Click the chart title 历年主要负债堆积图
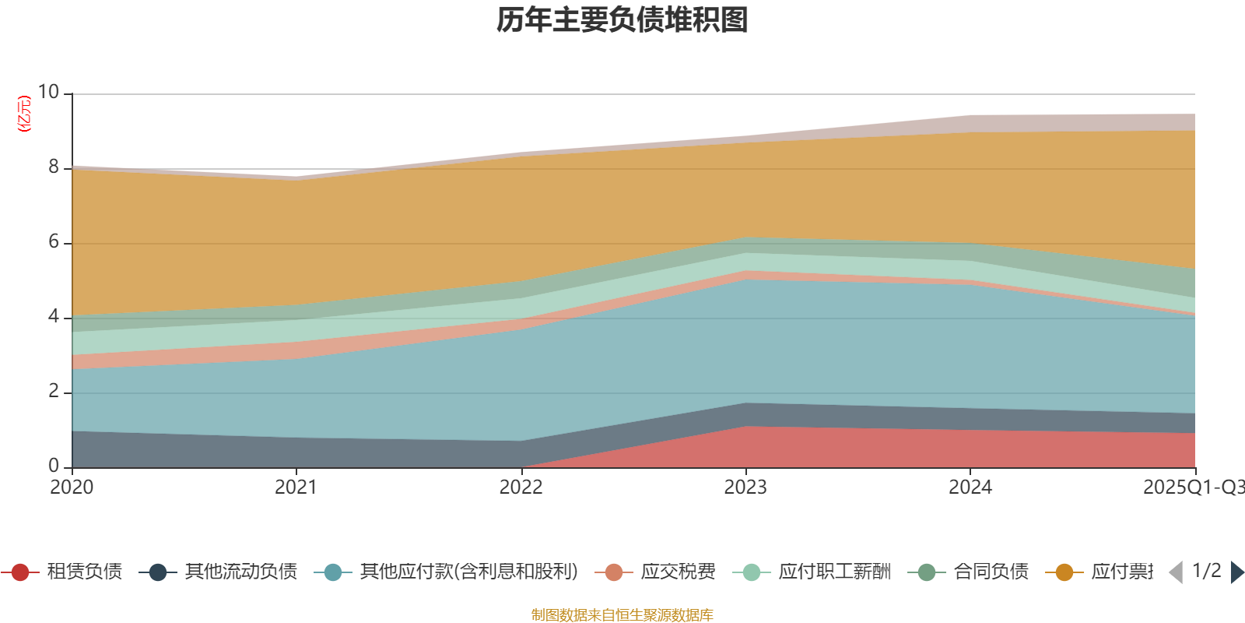(x=622, y=20)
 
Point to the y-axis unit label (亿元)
(x=24, y=114)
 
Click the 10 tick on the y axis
(x=48, y=92)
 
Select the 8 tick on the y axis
(x=53, y=167)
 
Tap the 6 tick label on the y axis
(x=53, y=241)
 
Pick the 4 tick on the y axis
(x=53, y=316)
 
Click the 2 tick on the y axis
(x=53, y=391)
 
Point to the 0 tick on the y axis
(x=53, y=466)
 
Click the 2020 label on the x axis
(x=72, y=487)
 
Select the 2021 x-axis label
(x=296, y=487)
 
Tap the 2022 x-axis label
(x=521, y=487)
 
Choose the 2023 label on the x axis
(x=745, y=487)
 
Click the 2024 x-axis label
(x=970, y=487)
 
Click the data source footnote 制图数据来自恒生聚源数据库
(x=622, y=615)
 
